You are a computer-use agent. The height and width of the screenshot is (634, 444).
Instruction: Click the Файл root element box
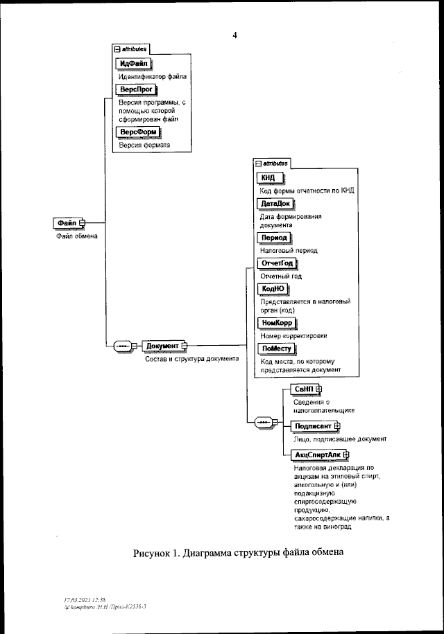(67, 222)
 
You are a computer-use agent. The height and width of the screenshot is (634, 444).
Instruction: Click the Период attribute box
(273, 237)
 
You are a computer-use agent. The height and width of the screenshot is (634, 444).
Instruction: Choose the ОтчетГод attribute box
(277, 263)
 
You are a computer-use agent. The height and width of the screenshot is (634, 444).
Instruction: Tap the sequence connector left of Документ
(122, 346)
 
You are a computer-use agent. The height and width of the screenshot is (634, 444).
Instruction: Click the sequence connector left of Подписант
(264, 421)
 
